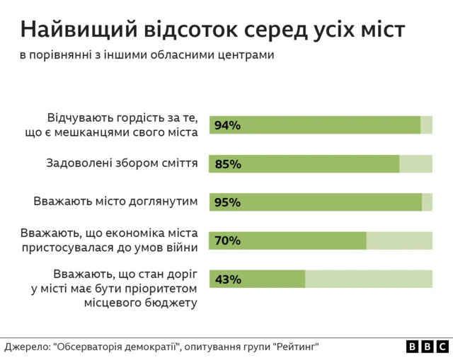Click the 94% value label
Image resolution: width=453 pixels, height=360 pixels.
click(227, 126)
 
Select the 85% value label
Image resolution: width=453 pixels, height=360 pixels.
click(227, 164)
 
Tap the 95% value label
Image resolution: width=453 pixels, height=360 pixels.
click(227, 202)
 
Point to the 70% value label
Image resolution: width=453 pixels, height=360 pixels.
click(227, 240)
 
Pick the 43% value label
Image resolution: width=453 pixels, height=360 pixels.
click(227, 279)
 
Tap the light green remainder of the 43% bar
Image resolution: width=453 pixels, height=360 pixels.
click(368, 279)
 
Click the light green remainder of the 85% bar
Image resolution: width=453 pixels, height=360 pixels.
click(415, 164)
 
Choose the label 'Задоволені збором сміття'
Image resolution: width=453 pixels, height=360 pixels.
click(122, 163)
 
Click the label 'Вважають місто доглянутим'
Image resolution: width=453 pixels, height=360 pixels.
click(115, 202)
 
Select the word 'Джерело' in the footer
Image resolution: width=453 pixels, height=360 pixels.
click(25, 347)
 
